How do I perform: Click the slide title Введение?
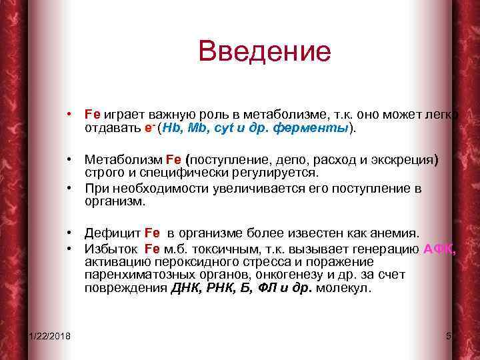[264, 52]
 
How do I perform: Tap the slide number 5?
[448, 334]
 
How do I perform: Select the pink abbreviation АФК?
[439, 249]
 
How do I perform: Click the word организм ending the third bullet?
[114, 201]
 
